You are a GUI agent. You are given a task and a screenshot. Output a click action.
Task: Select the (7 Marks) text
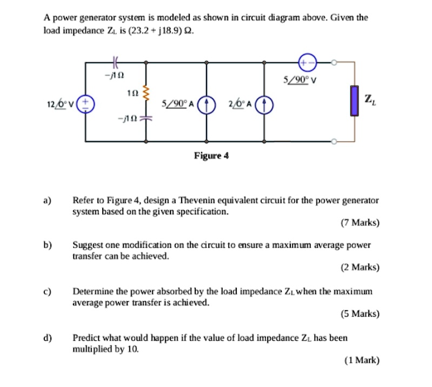pyautogui.click(x=360, y=223)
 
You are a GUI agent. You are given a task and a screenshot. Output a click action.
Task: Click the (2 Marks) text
pyautogui.click(x=360, y=267)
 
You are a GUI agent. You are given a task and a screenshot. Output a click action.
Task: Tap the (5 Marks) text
pyautogui.click(x=360, y=313)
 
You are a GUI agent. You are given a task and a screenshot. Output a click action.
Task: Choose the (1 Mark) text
pyautogui.click(x=362, y=360)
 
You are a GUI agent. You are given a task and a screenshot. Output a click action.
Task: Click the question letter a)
pyautogui.click(x=48, y=200)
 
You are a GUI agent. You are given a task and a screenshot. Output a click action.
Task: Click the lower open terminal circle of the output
pyautogui.click(x=335, y=142)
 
